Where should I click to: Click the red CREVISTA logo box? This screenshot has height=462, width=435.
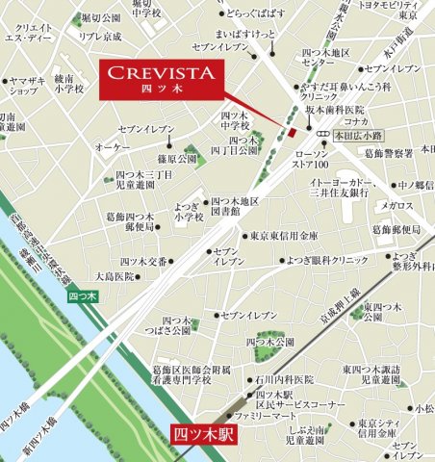point(160,77)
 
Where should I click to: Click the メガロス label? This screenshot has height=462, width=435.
point(397,205)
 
